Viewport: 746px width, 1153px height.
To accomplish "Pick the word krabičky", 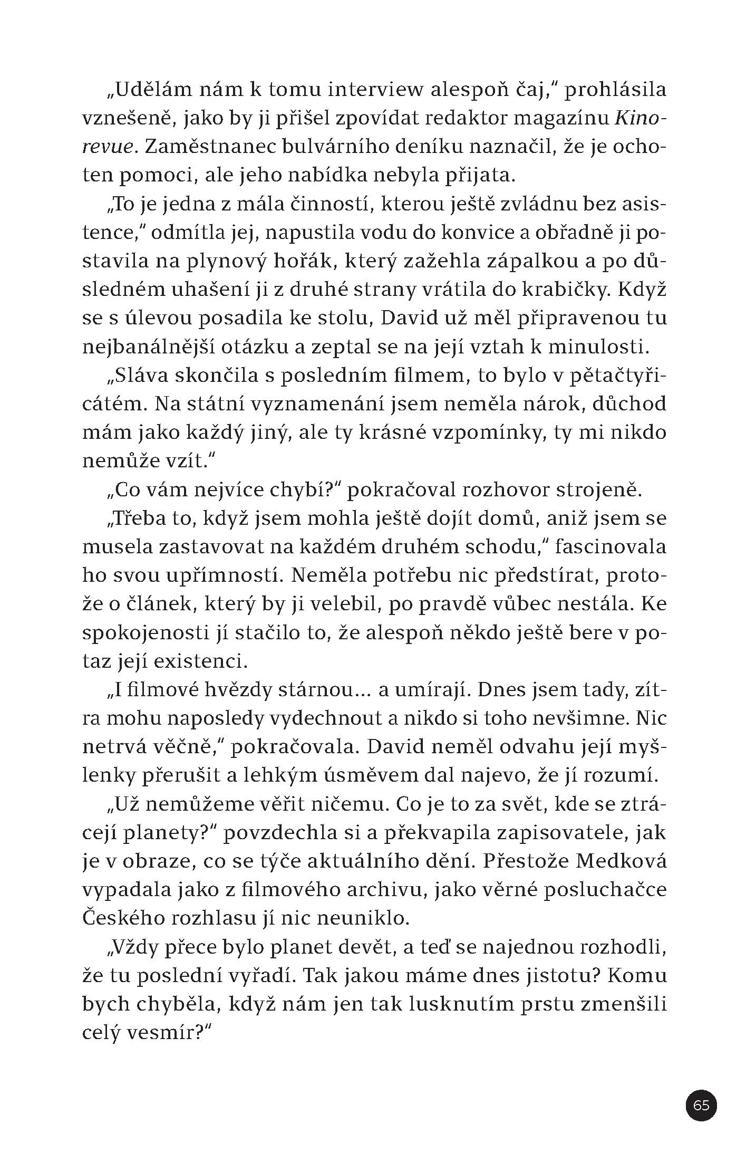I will (x=565, y=290).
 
